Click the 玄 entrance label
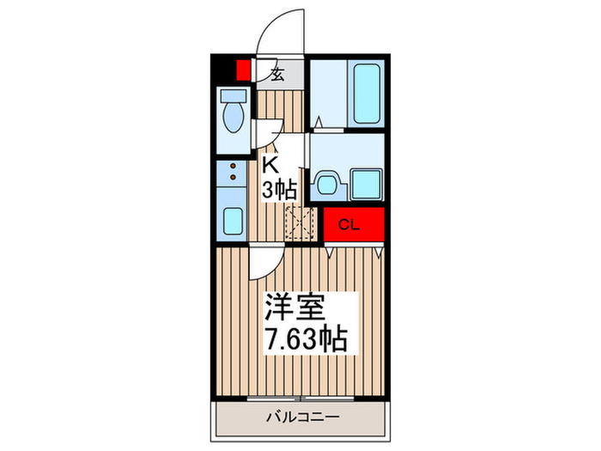277,73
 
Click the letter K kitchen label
269,165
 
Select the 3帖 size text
279,190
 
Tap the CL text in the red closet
349,225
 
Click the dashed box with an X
302,220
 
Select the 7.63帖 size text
305,338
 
